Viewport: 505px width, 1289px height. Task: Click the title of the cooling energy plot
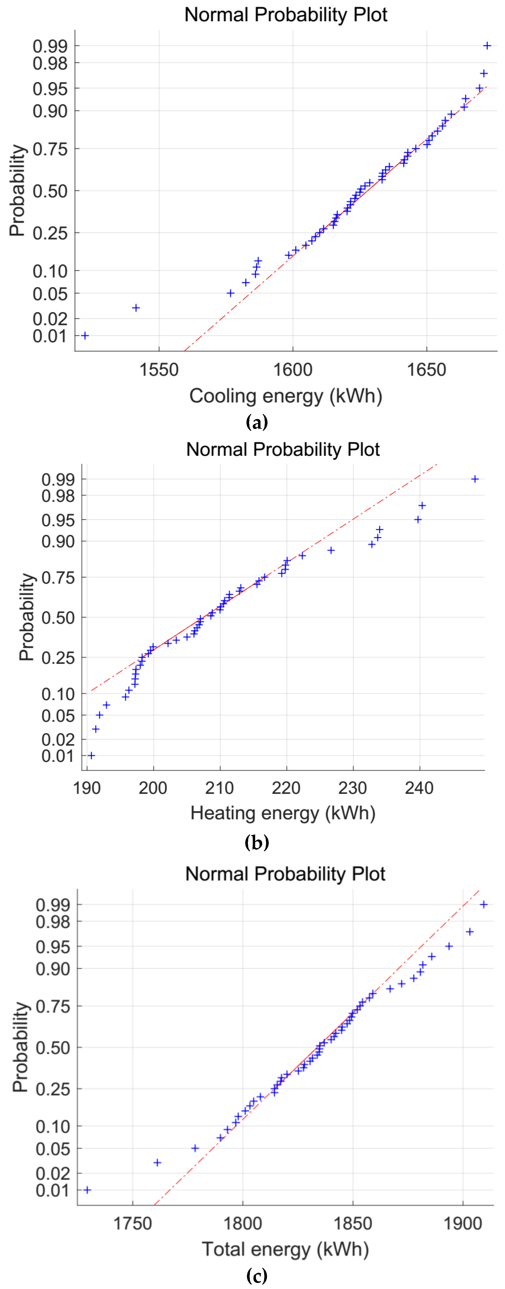point(286,15)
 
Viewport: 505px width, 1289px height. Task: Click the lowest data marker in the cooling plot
point(85,335)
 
